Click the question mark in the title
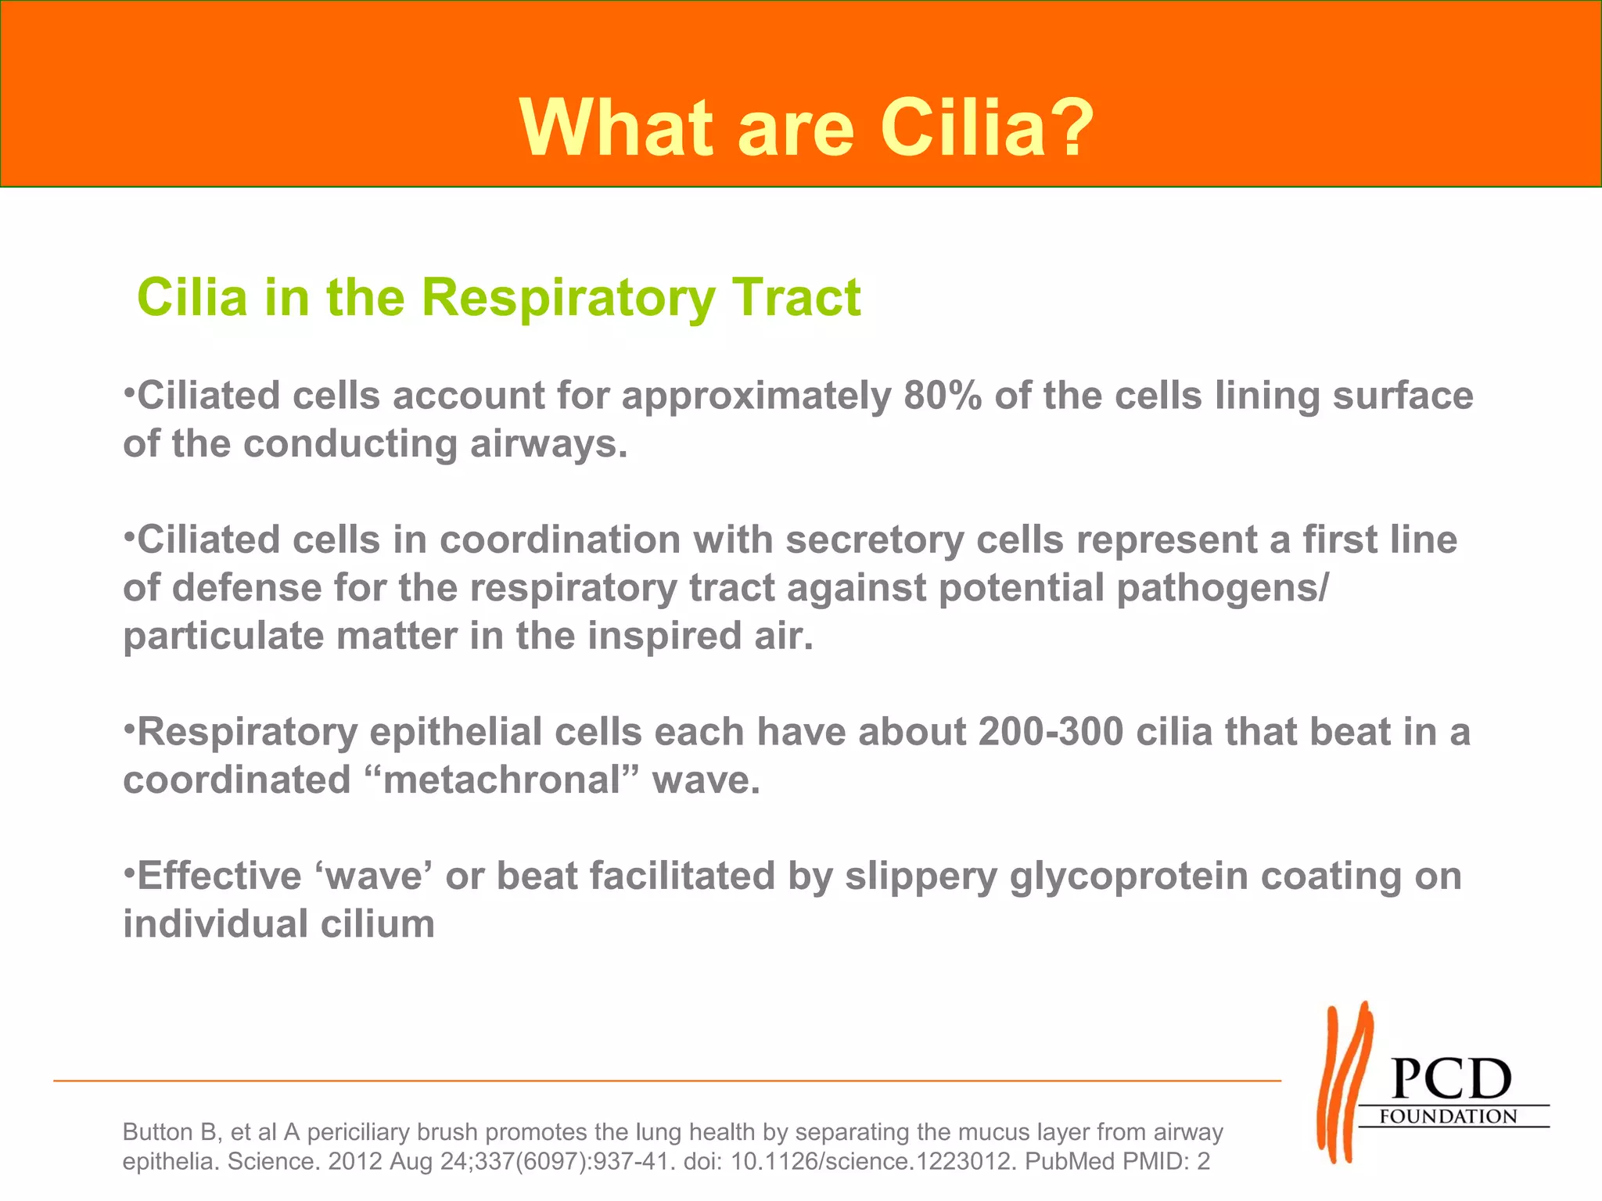tap(1069, 127)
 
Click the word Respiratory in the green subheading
tap(568, 298)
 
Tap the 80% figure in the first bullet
tap(943, 396)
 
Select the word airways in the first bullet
tap(548, 444)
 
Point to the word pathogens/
tap(1222, 588)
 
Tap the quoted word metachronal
tap(501, 780)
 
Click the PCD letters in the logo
tap(1452, 1080)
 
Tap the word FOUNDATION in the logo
tap(1448, 1117)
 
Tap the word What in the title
tap(616, 127)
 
